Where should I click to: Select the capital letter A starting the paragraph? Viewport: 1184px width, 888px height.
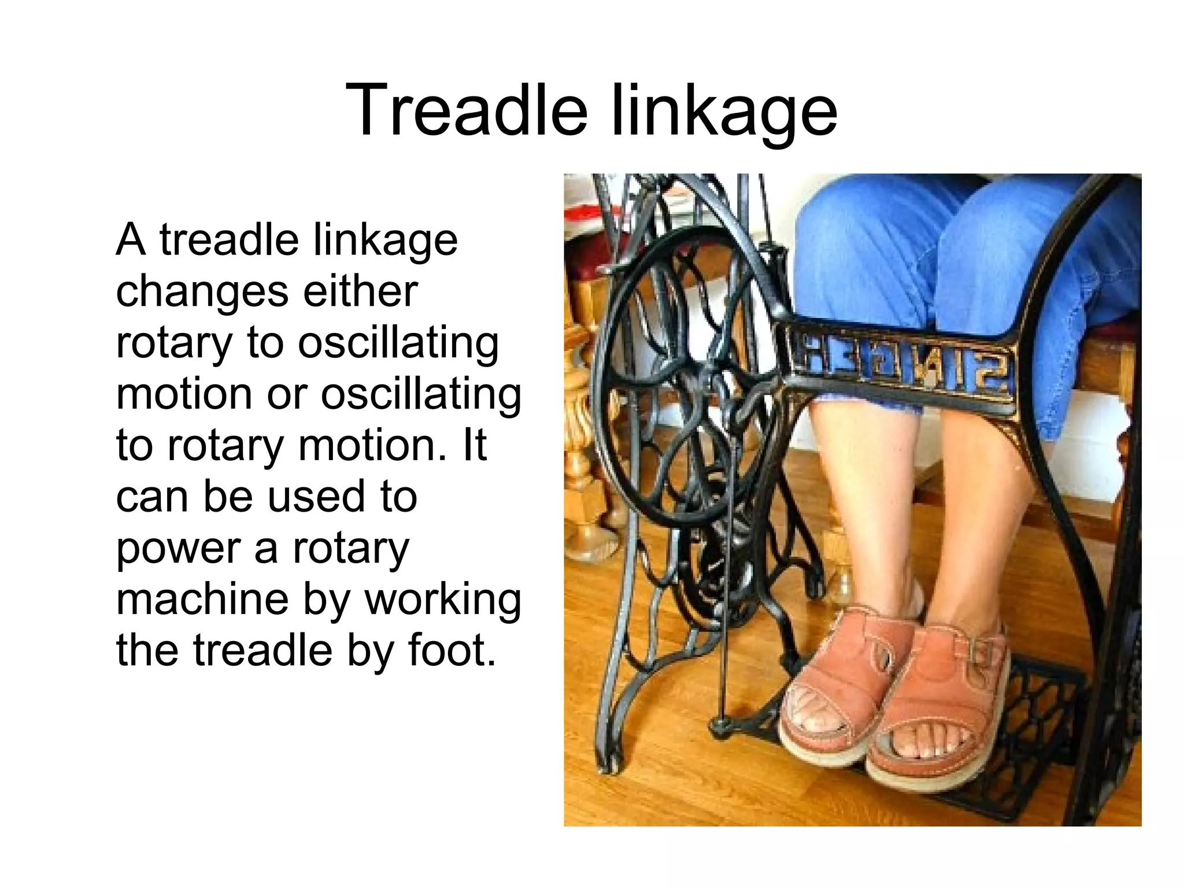(130, 240)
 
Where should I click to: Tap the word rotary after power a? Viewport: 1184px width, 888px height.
(351, 549)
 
